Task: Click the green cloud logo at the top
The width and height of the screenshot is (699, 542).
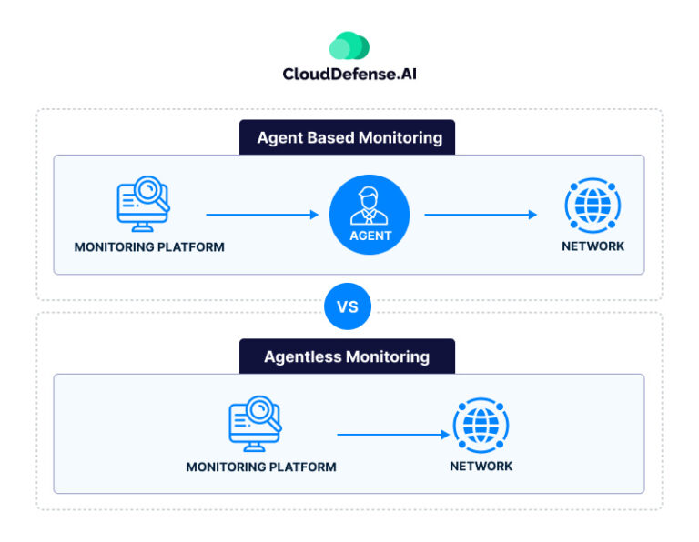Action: pyautogui.click(x=349, y=45)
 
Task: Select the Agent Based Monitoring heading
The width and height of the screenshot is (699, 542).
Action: pyautogui.click(x=349, y=138)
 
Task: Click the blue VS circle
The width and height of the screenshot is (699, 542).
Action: pyautogui.click(x=348, y=306)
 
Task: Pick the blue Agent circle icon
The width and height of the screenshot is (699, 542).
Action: pyautogui.click(x=370, y=215)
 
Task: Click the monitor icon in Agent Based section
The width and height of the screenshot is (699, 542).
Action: pyautogui.click(x=145, y=205)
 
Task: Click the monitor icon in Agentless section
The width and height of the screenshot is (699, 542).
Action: pyautogui.click(x=256, y=423)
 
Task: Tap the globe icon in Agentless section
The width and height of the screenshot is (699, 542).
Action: pyautogui.click(x=481, y=426)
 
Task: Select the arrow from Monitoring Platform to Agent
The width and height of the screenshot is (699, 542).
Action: pyautogui.click(x=262, y=215)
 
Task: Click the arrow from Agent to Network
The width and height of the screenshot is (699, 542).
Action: pyautogui.click(x=481, y=215)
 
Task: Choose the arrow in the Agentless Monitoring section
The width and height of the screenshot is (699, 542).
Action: pyautogui.click(x=393, y=435)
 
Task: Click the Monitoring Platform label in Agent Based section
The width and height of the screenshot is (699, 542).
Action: pyautogui.click(x=149, y=246)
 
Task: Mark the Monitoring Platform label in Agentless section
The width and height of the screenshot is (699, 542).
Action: pyautogui.click(x=261, y=467)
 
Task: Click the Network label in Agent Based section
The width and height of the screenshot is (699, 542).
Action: pyautogui.click(x=593, y=246)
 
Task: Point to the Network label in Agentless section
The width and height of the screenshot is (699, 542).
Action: pyautogui.click(x=481, y=466)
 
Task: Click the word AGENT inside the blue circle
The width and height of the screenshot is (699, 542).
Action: pyautogui.click(x=370, y=236)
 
